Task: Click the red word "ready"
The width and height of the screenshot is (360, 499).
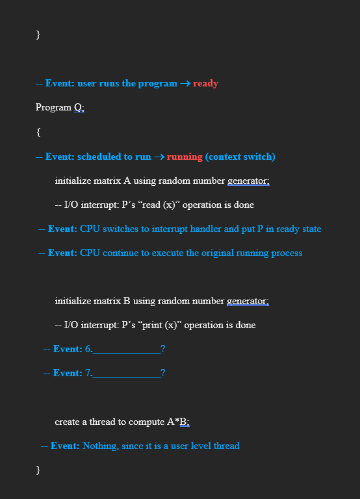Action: [205, 84]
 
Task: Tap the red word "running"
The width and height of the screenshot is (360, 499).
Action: [185, 157]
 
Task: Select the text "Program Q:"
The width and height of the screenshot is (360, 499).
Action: [60, 108]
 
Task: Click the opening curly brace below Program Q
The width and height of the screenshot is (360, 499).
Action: [38, 133]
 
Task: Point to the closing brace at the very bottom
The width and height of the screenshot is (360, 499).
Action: [38, 469]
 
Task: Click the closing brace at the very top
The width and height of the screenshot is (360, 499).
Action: [38, 35]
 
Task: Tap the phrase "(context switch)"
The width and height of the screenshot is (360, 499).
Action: [240, 157]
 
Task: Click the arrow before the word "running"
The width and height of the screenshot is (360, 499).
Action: [159, 157]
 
